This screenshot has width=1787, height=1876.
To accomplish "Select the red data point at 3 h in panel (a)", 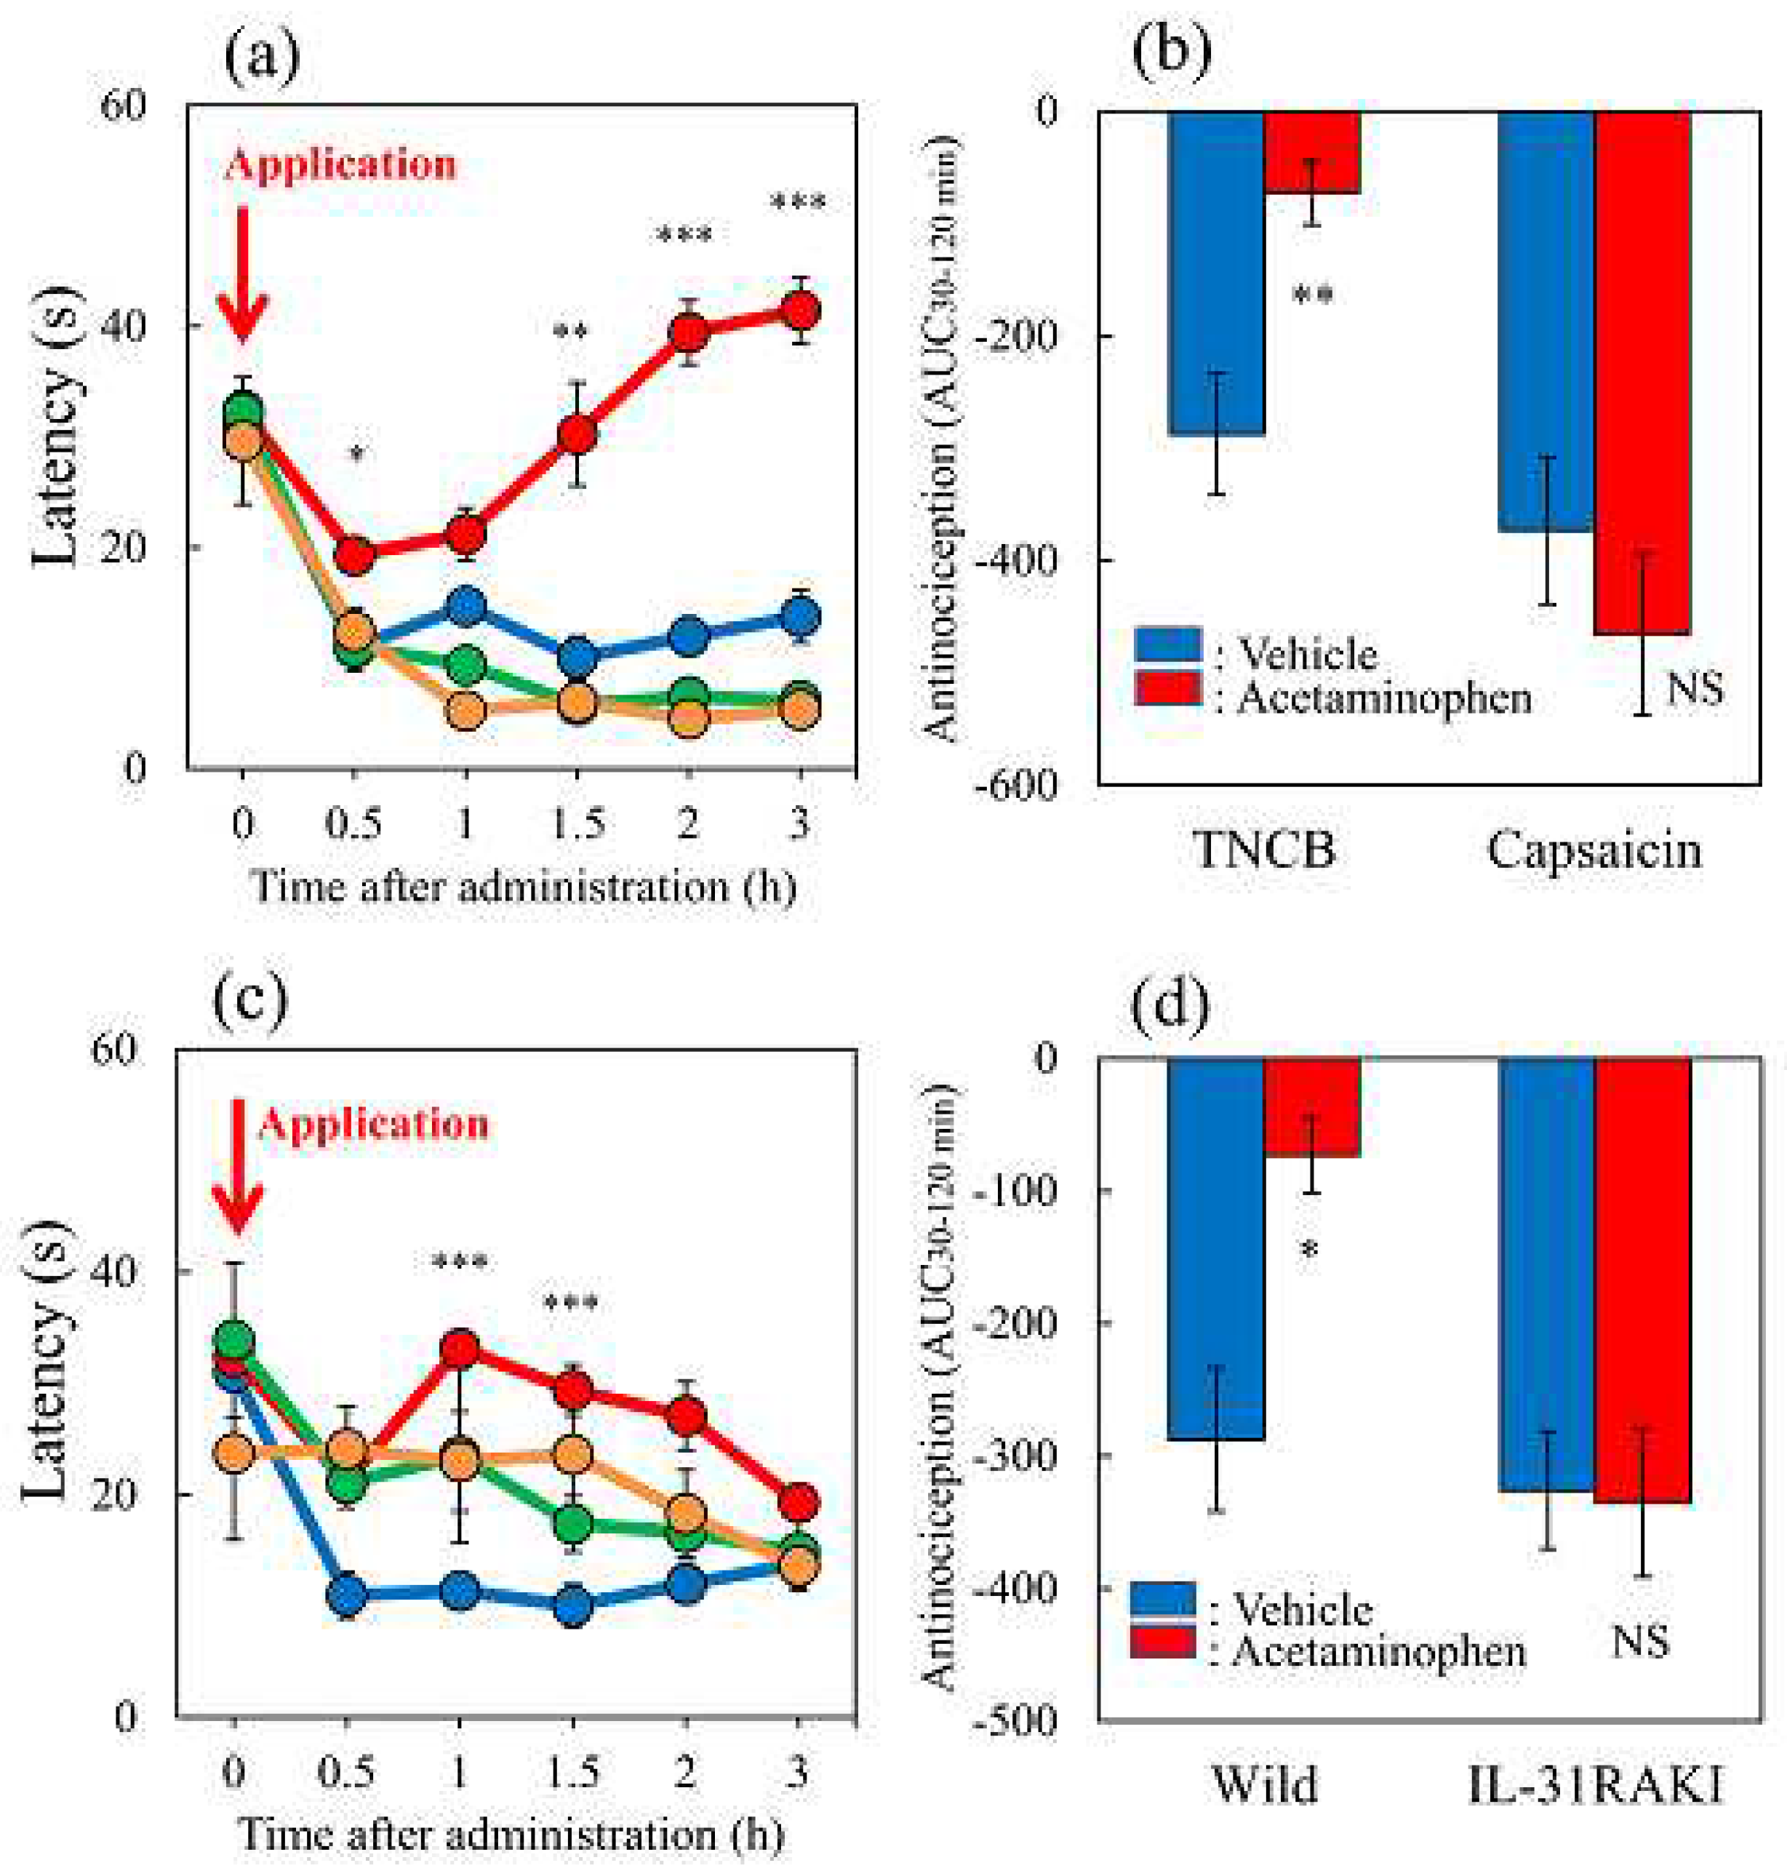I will (801, 311).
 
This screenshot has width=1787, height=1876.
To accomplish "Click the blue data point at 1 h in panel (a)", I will (465, 606).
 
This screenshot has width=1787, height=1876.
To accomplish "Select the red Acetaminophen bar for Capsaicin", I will (1642, 372).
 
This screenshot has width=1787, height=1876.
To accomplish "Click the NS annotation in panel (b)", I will (1695, 687).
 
